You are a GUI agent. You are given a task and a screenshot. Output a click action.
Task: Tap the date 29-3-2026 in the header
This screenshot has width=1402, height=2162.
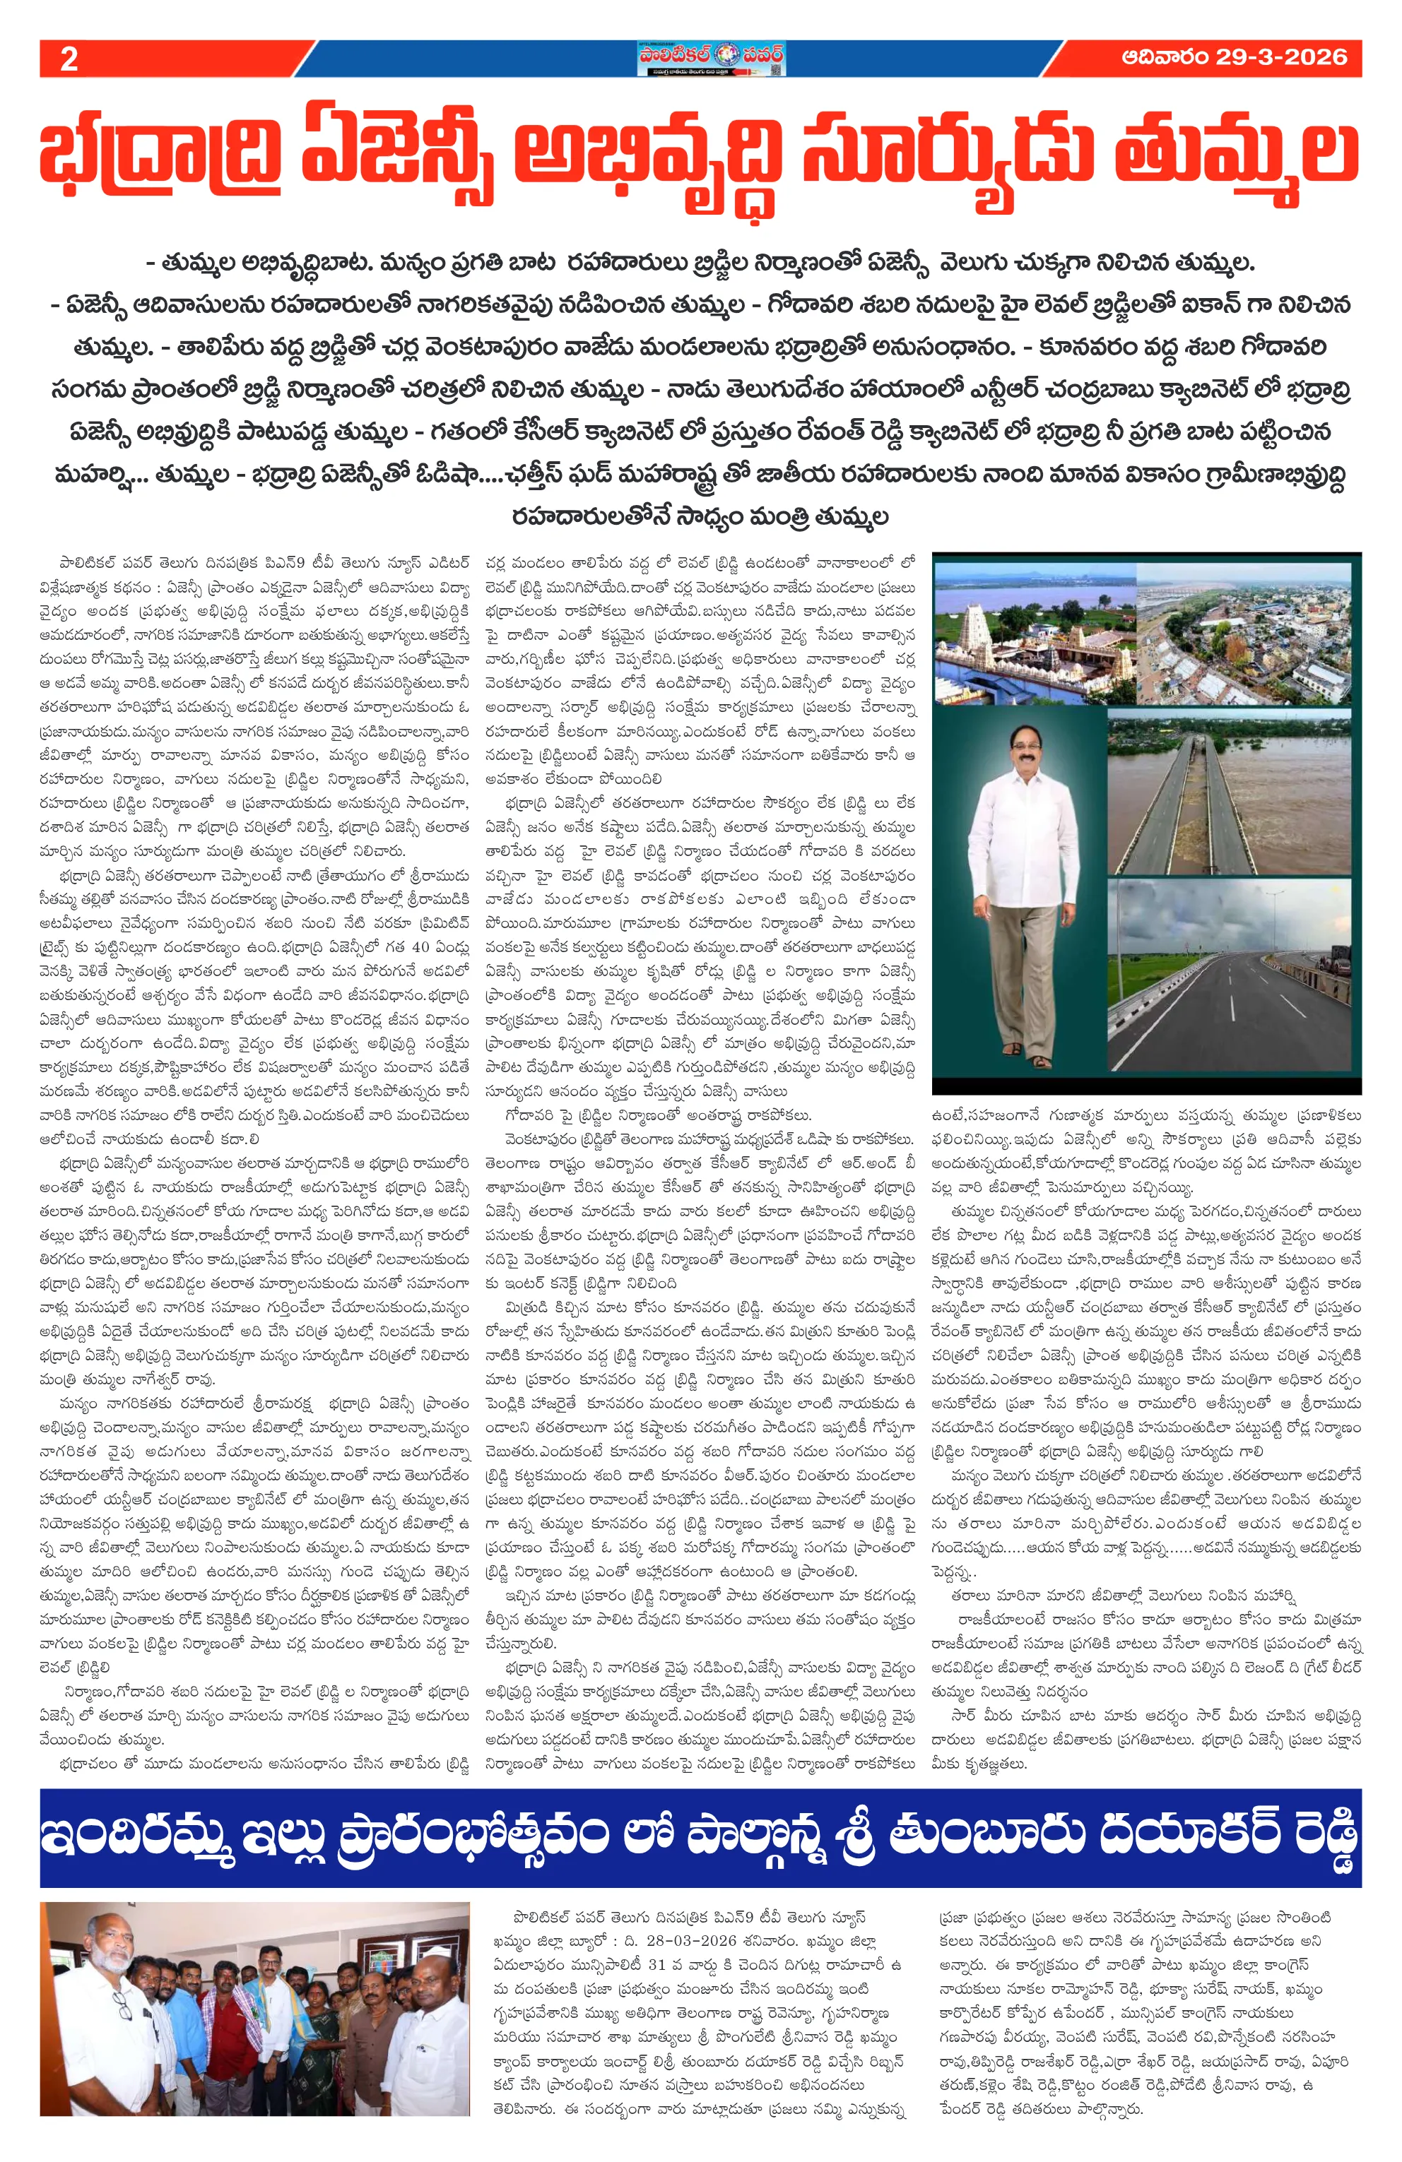pos(1280,57)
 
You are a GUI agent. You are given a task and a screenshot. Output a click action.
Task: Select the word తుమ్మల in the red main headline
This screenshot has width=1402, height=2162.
pos(1237,155)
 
